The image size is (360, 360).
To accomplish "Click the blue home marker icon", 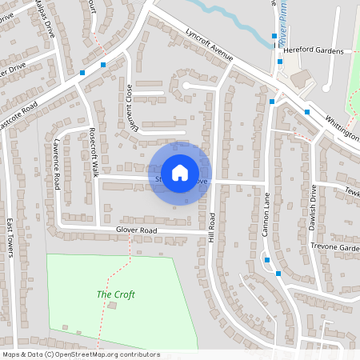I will pyautogui.click(x=180, y=172).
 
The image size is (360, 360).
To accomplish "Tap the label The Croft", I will pyautogui.click(x=115, y=294).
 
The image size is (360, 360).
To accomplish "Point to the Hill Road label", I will pyautogui.click(x=212, y=228).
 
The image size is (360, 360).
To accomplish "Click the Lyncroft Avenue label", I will pyautogui.click(x=209, y=46).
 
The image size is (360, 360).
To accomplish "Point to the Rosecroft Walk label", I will pyautogui.click(x=93, y=151).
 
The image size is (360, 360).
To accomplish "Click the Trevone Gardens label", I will pyautogui.click(x=335, y=247).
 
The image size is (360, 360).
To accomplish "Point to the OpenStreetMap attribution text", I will pyautogui.click(x=80, y=354).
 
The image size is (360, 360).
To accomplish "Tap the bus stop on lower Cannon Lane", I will pyautogui.click(x=278, y=274).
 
